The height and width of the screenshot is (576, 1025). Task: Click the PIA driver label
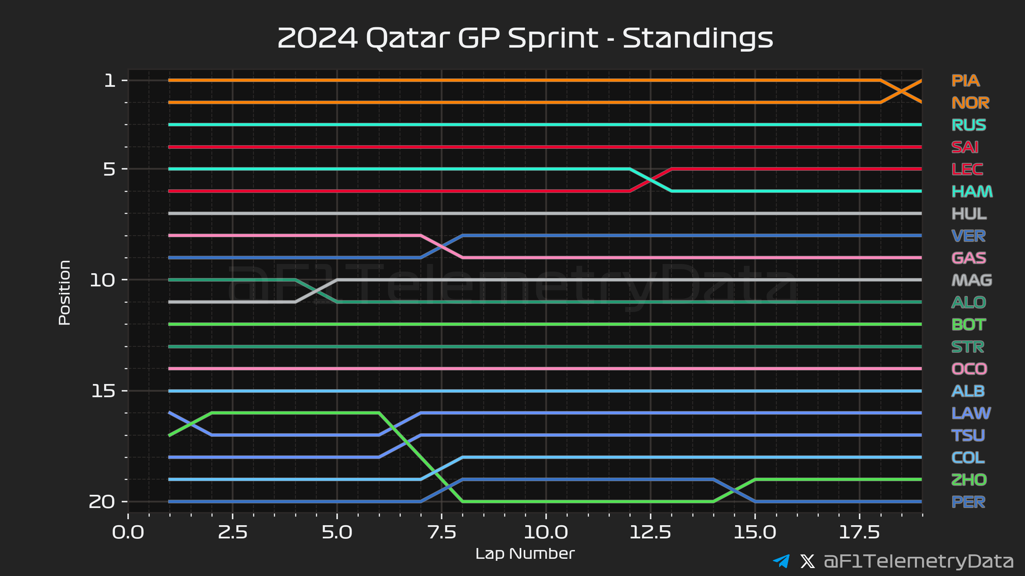coord(965,81)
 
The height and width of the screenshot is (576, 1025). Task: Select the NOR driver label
coord(970,103)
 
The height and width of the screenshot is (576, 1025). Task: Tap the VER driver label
coord(968,236)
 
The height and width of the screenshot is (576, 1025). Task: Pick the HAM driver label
coord(972,192)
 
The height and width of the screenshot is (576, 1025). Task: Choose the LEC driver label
coord(967,170)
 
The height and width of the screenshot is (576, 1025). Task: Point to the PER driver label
coord(968,502)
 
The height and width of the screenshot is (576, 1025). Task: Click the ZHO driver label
coord(969,480)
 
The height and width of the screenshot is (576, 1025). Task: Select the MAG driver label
coord(971,280)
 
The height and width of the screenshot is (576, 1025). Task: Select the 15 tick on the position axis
coord(103,391)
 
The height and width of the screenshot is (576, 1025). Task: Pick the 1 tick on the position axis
coord(110,81)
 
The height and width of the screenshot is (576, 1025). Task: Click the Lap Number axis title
coord(525,554)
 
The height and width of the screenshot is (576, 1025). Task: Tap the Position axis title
coord(64,292)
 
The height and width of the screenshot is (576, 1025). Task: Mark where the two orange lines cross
coord(901,92)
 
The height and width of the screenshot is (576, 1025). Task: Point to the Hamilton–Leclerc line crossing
coord(651,180)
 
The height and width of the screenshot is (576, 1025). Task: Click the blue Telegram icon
coord(781,561)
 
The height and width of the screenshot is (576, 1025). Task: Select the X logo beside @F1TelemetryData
coord(807,561)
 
